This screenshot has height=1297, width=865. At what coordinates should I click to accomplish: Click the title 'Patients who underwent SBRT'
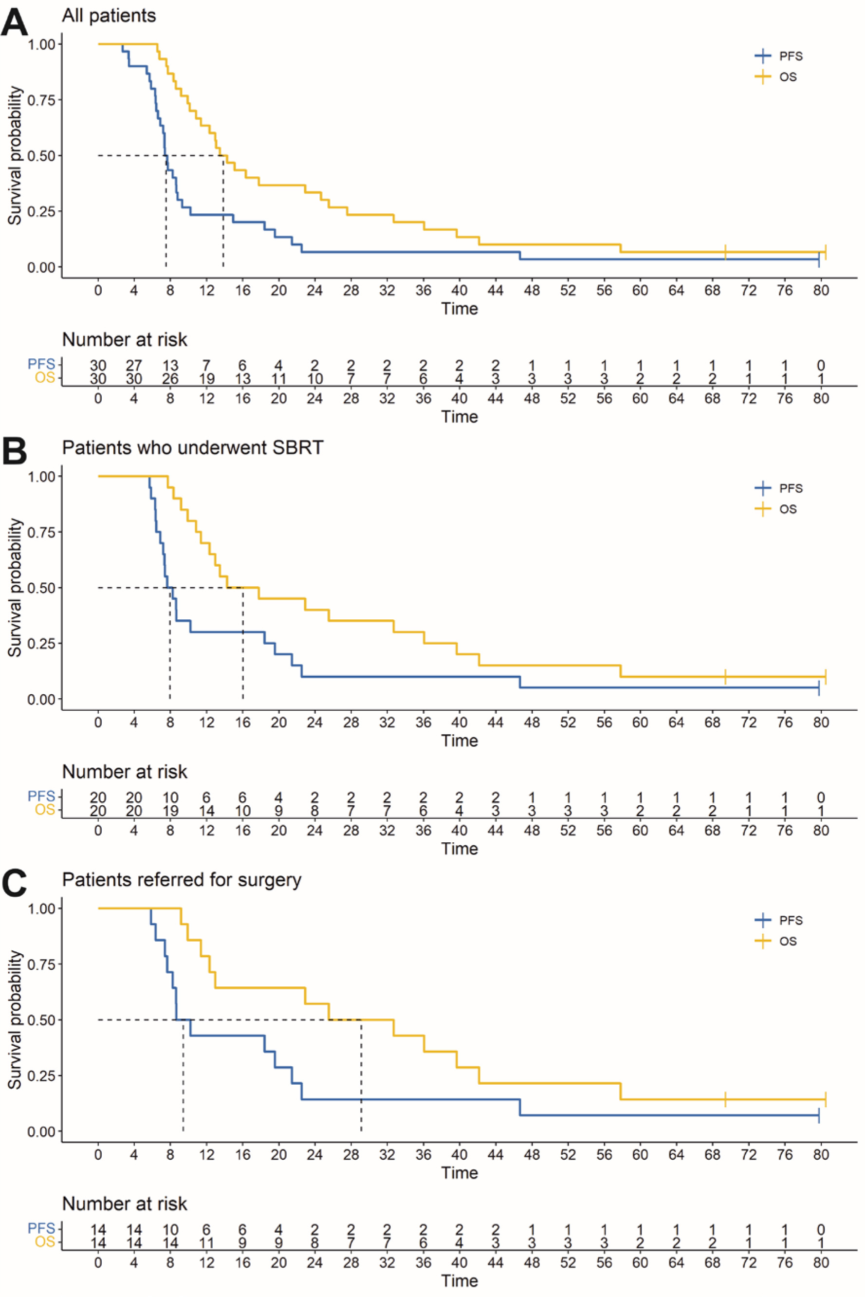coord(193,447)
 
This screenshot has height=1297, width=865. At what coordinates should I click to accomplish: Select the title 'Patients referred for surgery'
coord(182,879)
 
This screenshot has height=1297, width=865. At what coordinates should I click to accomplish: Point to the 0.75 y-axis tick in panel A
coord(42,100)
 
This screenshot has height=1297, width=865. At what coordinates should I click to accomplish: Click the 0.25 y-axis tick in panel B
coord(42,644)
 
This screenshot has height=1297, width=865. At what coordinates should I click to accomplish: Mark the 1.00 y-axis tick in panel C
coord(42,908)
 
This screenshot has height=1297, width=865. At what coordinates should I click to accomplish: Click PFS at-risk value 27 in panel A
coord(134,365)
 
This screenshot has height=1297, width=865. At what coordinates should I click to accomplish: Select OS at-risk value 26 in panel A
coord(170,379)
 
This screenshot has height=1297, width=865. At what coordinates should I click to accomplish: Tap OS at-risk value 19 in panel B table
coord(170,811)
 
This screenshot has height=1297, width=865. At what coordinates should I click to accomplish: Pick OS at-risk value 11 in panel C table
coord(206,1243)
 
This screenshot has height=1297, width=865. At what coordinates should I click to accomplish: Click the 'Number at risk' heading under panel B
coord(125,772)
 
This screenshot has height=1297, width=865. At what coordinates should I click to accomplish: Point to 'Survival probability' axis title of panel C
coord(15,1019)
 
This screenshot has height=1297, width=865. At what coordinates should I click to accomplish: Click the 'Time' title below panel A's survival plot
coord(460,308)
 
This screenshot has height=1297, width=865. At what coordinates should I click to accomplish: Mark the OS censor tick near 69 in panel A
coord(725,252)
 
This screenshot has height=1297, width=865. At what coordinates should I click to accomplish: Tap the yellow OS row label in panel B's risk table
coord(45,810)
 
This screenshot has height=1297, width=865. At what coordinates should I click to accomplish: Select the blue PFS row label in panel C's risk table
coord(41,1228)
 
